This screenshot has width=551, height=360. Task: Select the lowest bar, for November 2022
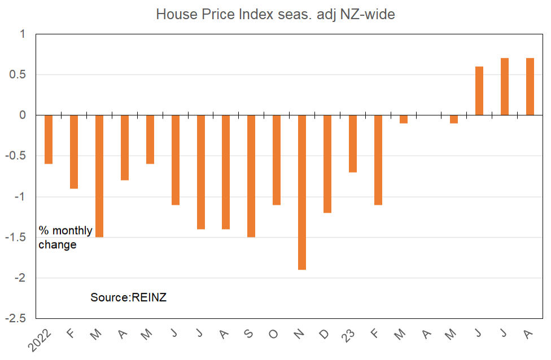(x=302, y=192)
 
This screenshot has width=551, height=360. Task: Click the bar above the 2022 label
(x=49, y=139)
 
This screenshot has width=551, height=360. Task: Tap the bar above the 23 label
(x=353, y=144)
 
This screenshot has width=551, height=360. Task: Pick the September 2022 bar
(x=251, y=176)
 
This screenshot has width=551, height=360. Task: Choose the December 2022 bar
(x=327, y=164)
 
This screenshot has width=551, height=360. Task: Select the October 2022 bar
(x=277, y=160)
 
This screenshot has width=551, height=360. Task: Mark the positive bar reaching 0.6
(x=479, y=91)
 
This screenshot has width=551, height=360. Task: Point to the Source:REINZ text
(x=129, y=297)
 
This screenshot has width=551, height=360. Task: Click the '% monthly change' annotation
(x=65, y=238)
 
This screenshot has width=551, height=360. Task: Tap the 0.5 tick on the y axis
(x=18, y=74)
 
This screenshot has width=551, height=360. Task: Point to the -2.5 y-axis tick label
(x=15, y=318)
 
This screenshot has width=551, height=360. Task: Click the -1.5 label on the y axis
(x=15, y=237)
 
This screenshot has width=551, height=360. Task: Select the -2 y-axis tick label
(x=20, y=278)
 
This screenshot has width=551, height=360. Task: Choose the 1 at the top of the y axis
(x=23, y=34)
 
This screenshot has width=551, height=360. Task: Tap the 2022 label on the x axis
(x=40, y=340)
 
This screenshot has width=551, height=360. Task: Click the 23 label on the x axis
(x=348, y=335)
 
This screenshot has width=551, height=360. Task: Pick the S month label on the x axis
(x=248, y=333)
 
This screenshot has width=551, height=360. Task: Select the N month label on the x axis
(x=299, y=333)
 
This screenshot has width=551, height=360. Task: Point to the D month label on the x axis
(x=325, y=333)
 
